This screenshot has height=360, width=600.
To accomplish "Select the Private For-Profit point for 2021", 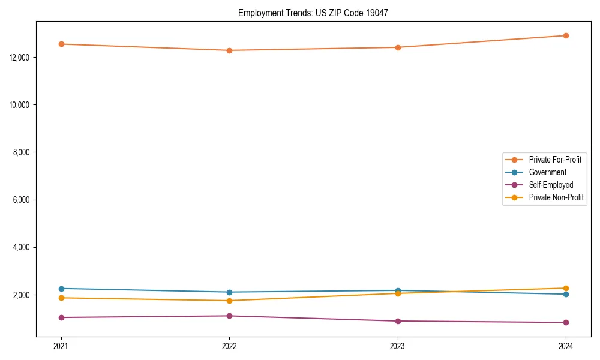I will [x=61, y=44].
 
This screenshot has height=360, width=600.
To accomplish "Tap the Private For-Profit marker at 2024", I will [x=566, y=35].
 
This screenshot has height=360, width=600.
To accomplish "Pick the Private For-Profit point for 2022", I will [x=229, y=50].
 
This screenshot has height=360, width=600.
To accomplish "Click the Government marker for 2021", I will [x=61, y=289].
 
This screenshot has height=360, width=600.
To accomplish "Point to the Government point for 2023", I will [x=398, y=290].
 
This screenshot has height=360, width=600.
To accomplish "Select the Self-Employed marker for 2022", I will [x=229, y=316].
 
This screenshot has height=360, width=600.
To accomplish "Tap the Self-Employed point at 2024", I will [x=566, y=322].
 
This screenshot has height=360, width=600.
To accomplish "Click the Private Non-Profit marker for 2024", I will [x=566, y=288].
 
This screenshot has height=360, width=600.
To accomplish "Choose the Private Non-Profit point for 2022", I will [x=229, y=301].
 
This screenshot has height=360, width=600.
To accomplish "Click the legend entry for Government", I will [x=547, y=172].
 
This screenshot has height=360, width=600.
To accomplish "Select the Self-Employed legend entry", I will [x=551, y=185].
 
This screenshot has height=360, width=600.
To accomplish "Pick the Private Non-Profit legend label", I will [x=556, y=197].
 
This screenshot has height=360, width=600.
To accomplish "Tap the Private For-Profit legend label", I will [x=555, y=160].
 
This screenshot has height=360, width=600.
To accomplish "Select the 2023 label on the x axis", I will [x=398, y=346].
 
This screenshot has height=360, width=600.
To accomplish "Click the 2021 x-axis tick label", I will [x=61, y=346].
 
